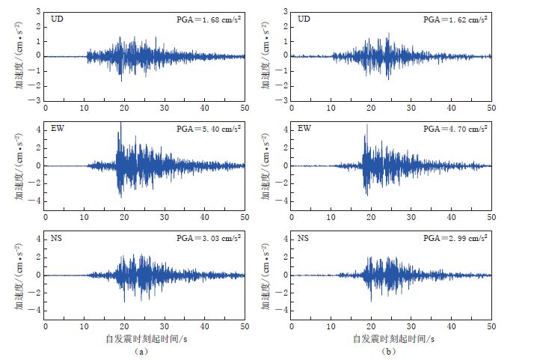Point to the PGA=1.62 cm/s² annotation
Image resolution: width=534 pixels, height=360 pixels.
tap(455, 19)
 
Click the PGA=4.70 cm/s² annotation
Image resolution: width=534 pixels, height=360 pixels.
tap(455, 129)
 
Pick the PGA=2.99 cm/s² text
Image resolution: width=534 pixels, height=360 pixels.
tap(455, 237)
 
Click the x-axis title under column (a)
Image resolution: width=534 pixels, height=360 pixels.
tap(144, 339)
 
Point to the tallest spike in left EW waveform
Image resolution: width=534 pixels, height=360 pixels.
tap(120, 123)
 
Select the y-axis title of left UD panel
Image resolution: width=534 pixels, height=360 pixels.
tap(18, 56)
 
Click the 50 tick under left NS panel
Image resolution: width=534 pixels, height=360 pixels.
tap(245, 327)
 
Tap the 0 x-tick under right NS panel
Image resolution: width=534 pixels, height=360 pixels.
tap(291, 327)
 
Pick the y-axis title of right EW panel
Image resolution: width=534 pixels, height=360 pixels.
tap(265, 165)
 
